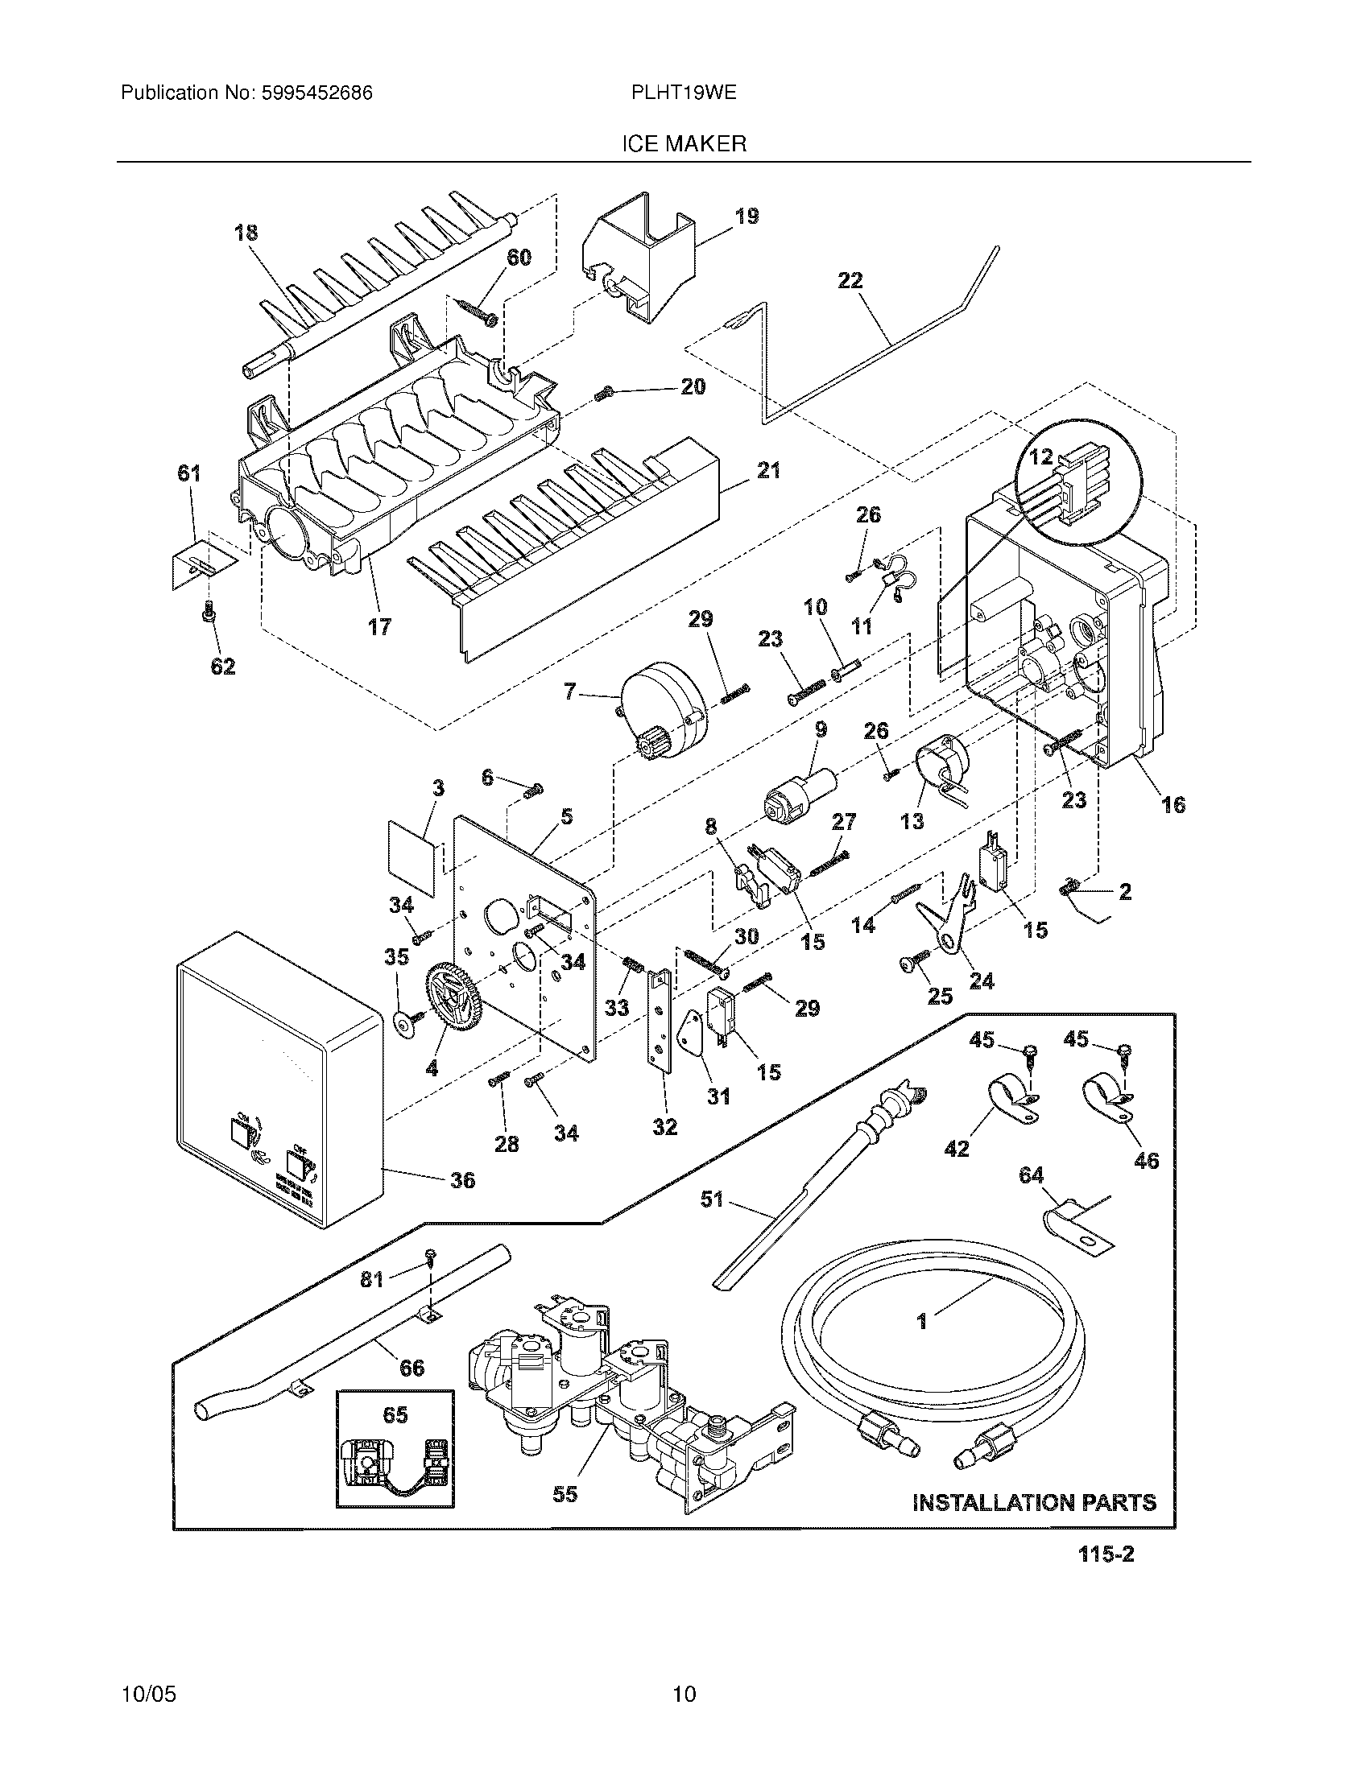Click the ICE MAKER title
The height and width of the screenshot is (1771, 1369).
click(684, 144)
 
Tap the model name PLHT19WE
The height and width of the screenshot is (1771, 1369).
click(684, 93)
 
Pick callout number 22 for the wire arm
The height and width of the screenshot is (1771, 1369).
click(850, 281)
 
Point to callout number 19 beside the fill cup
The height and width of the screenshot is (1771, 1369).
click(747, 216)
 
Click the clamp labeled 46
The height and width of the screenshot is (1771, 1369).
click(1107, 1099)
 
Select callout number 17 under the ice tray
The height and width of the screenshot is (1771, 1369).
click(378, 626)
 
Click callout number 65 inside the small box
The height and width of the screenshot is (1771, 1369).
click(395, 1415)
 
